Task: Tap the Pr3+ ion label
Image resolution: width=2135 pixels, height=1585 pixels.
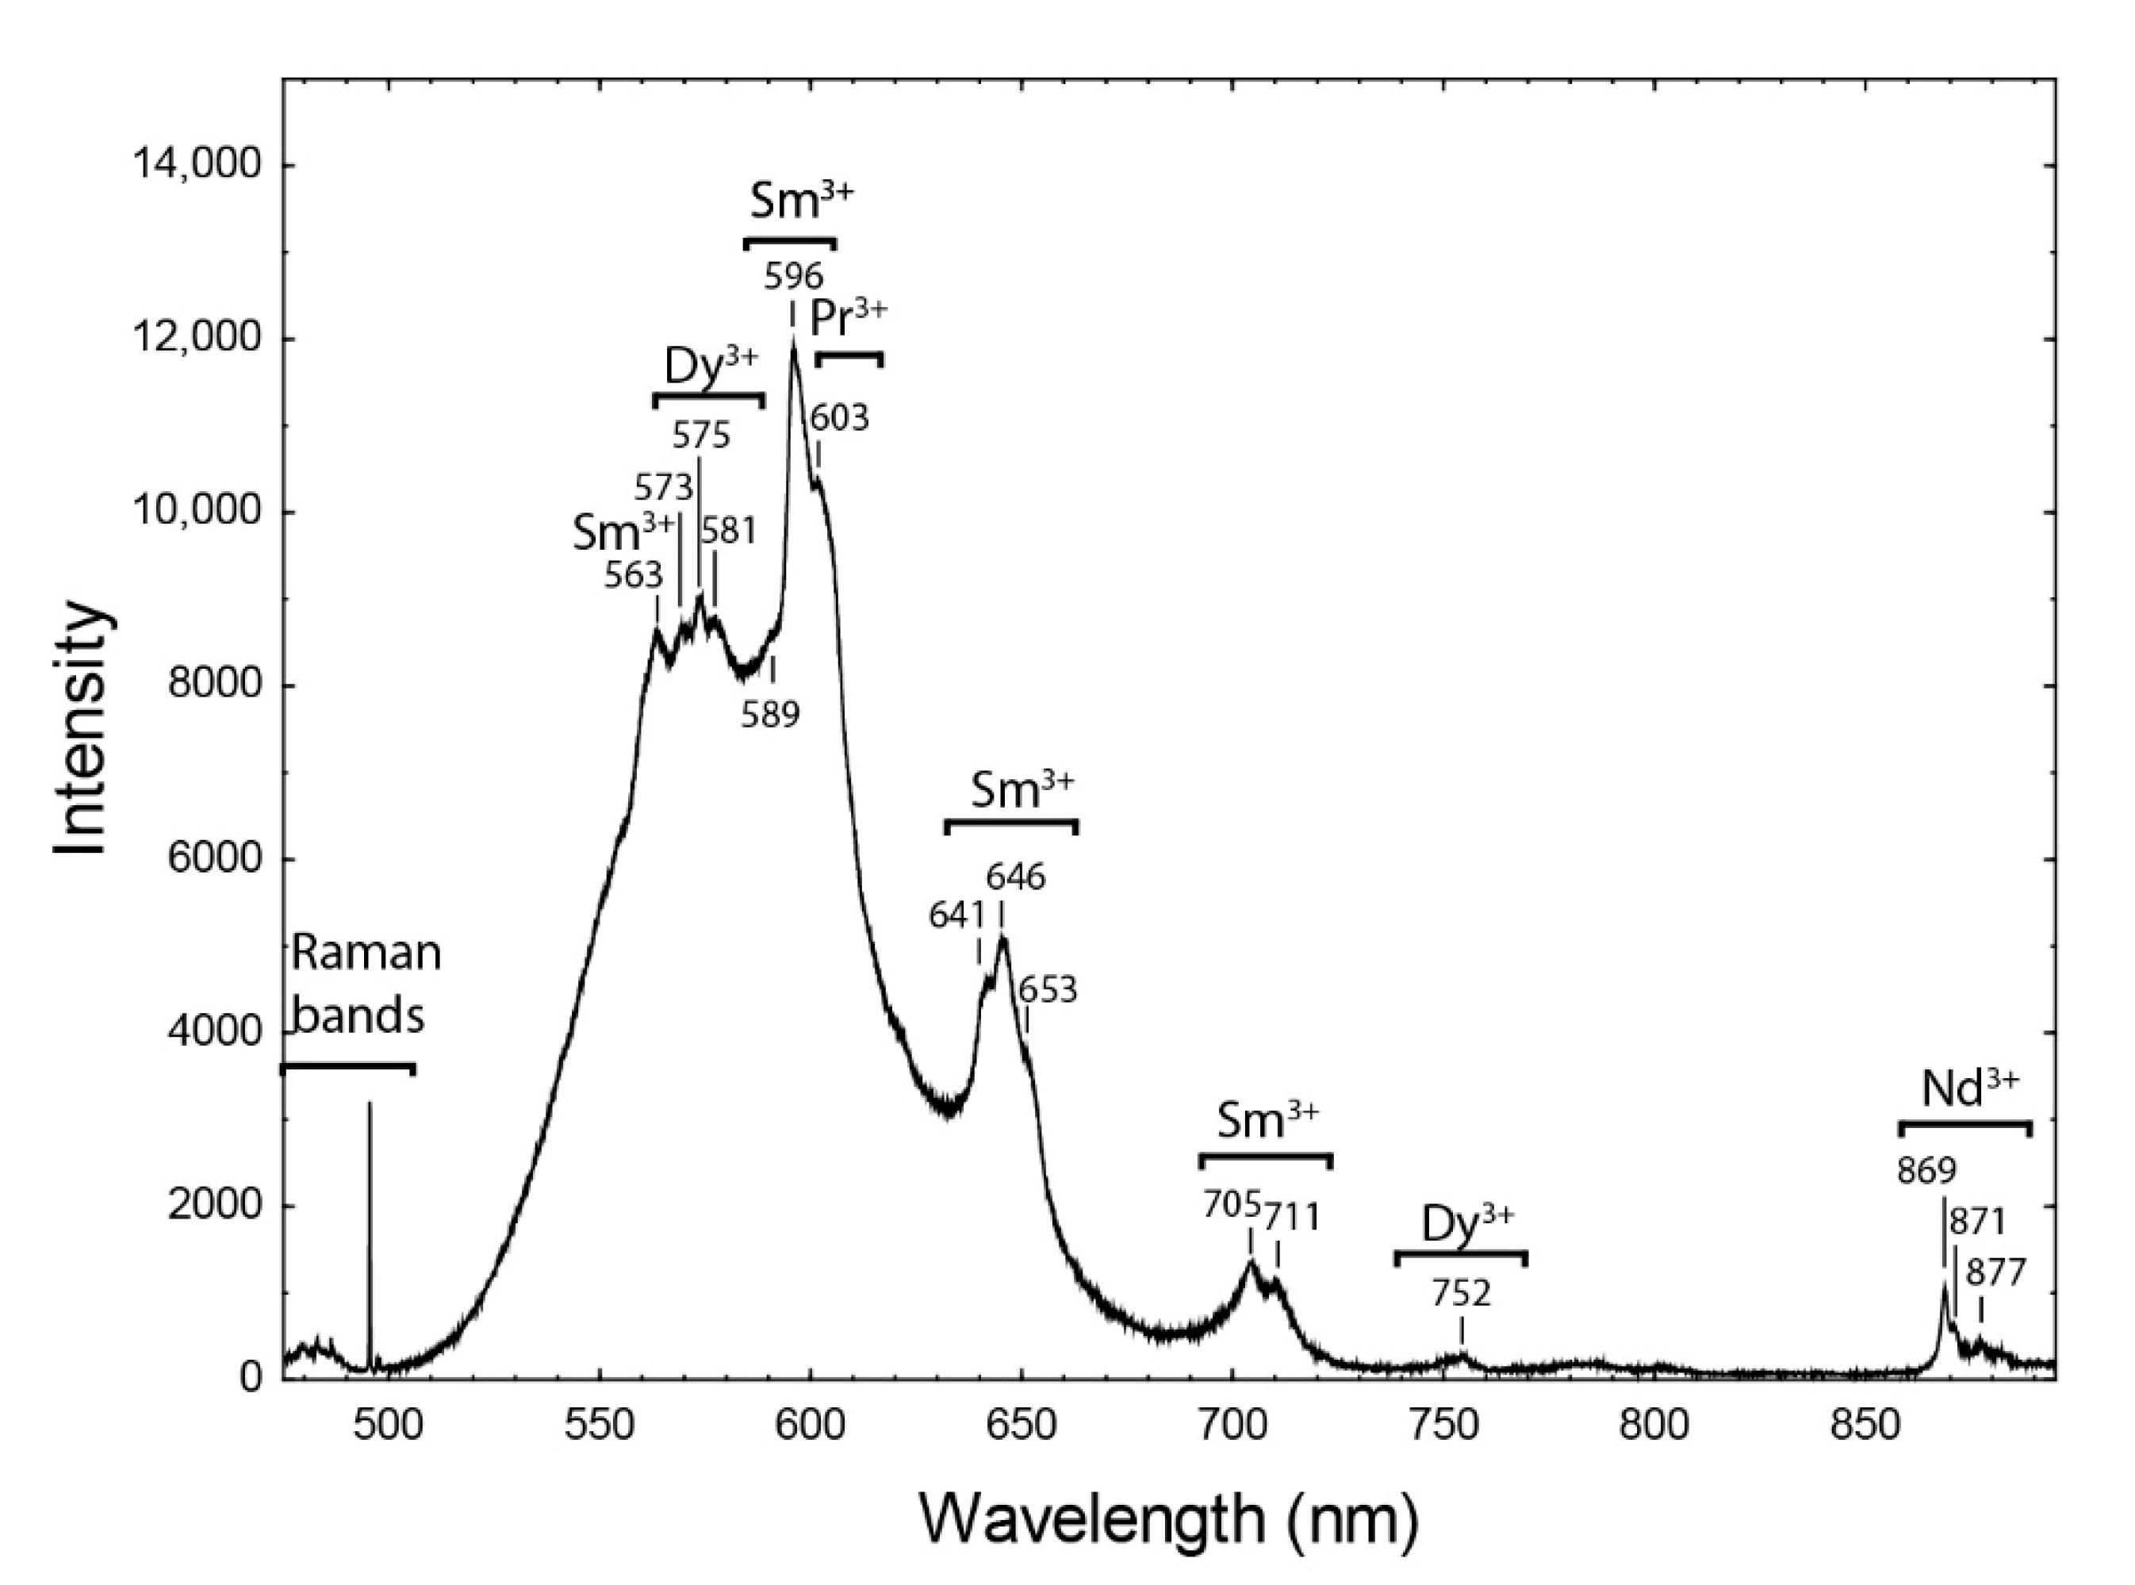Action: coord(848,320)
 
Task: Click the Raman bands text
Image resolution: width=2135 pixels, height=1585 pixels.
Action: coord(365,984)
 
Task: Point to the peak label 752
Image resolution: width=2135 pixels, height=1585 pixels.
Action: coord(1462,1295)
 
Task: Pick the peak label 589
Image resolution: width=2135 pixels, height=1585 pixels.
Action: coord(770,714)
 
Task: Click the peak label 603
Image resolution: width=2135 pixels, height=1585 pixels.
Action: coord(840,417)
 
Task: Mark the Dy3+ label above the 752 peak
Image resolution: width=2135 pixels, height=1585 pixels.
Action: coord(1466,1224)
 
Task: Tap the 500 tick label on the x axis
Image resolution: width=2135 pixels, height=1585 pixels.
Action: coord(389,1425)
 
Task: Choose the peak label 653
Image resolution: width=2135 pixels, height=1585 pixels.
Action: coord(1048,989)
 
